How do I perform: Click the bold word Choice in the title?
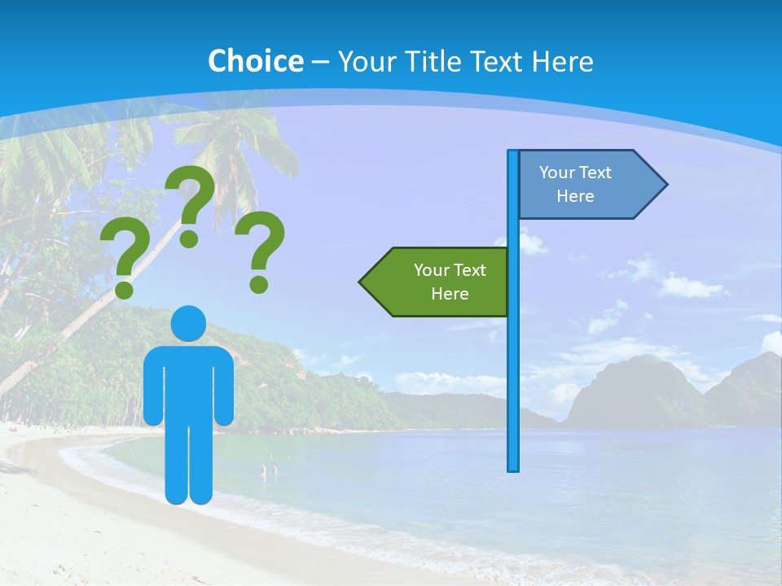[x=255, y=61]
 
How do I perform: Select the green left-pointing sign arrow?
[x=440, y=282]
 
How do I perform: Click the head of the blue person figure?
[x=188, y=323]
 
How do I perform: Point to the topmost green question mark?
[x=191, y=203]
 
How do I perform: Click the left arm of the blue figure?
[x=152, y=383]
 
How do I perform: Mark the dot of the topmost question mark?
[x=189, y=238]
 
